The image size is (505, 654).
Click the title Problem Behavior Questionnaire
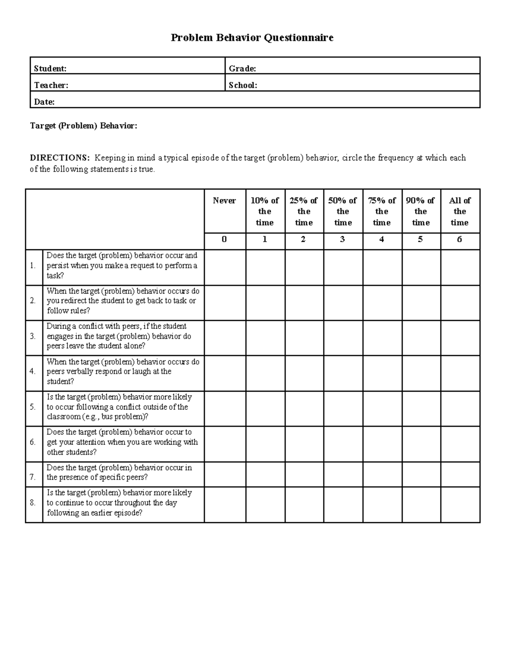pyautogui.click(x=252, y=38)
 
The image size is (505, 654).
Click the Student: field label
pyautogui.click(x=50, y=69)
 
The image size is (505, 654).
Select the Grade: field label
pyautogui.click(x=242, y=69)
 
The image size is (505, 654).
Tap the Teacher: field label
pyautogui.click(x=51, y=85)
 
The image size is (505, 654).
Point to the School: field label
pyautogui.click(x=243, y=85)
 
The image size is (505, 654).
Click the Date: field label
pyautogui.click(x=44, y=102)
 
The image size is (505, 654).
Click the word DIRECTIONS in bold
pyautogui.click(x=60, y=158)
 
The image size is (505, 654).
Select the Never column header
pyautogui.click(x=224, y=200)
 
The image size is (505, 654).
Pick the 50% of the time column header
pyautogui.click(x=343, y=211)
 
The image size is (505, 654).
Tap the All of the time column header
pyautogui.click(x=460, y=211)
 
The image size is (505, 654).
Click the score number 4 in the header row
pyautogui.click(x=381, y=239)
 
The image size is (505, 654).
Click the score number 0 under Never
pyautogui.click(x=224, y=239)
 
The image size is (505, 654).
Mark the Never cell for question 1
pyautogui.click(x=225, y=267)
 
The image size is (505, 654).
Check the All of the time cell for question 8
pyautogui.click(x=460, y=505)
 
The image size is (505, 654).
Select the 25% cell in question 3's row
pyautogui.click(x=304, y=338)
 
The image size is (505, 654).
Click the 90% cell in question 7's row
pyautogui.click(x=421, y=474)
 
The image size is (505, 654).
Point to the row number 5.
pyautogui.click(x=33, y=407)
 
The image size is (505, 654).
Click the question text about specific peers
pyautogui.click(x=119, y=472)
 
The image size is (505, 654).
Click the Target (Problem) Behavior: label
pyautogui.click(x=83, y=126)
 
